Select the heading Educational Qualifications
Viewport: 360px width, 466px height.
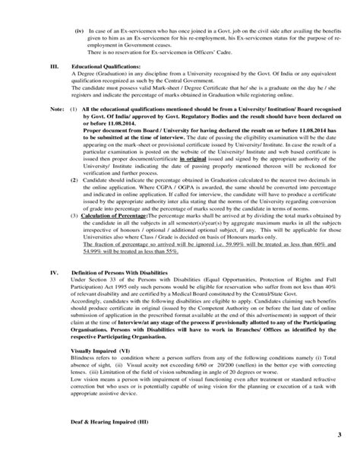[x=98, y=66]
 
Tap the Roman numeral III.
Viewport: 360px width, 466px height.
[x=53, y=66]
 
